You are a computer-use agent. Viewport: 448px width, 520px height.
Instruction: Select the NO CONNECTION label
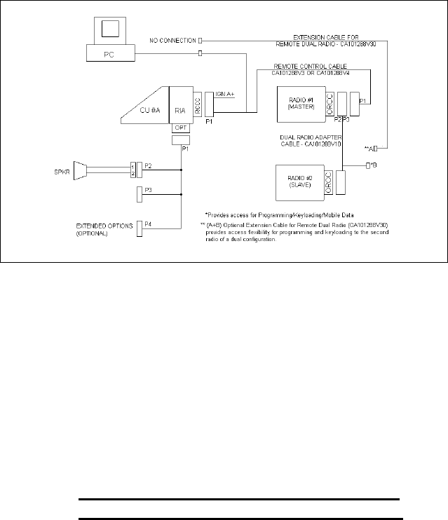(x=172, y=41)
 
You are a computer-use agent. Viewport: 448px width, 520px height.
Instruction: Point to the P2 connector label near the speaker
(x=149, y=165)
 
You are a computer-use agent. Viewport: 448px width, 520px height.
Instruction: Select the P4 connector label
(x=149, y=224)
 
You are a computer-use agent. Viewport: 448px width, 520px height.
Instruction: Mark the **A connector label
(x=369, y=149)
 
